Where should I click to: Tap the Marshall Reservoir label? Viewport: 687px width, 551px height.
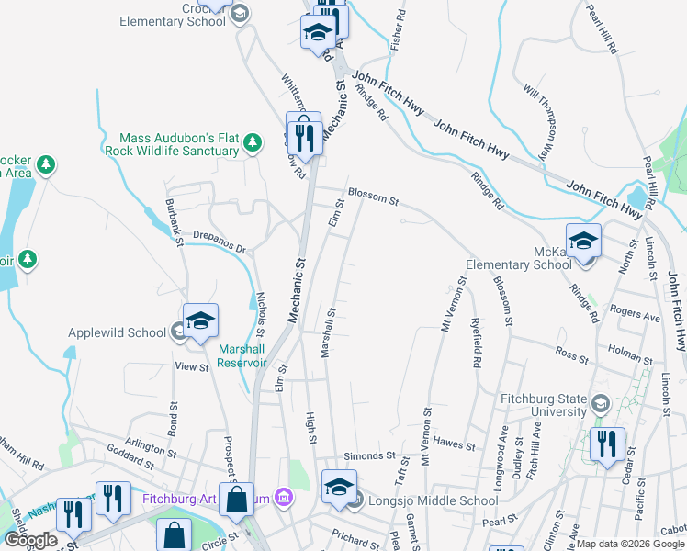(242, 355)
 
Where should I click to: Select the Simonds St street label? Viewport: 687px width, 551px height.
(368, 455)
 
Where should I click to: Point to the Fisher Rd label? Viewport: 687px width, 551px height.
(398, 29)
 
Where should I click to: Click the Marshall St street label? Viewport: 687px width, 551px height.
(328, 332)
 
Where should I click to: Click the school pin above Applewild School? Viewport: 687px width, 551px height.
(200, 321)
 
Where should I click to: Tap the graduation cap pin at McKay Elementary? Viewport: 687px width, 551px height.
(582, 242)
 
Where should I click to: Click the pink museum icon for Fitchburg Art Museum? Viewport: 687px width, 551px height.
(284, 500)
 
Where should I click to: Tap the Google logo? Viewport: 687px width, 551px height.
(30, 540)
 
